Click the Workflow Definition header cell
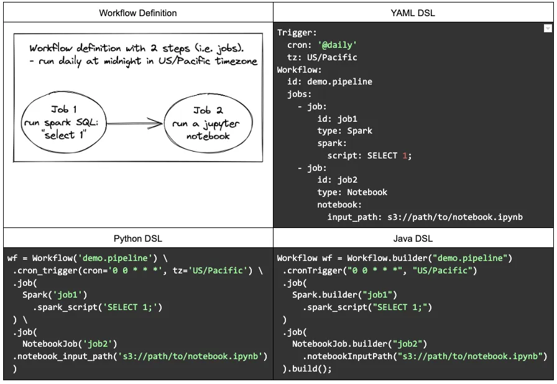pos(138,12)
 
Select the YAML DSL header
pos(413,12)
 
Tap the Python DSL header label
pos(138,238)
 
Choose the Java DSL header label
pos(413,238)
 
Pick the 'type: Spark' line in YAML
pos(344,131)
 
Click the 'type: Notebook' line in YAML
pos(352,193)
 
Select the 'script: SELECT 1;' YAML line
pos(369,156)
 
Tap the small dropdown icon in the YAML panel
pos(548,29)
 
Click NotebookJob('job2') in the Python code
pos(70,344)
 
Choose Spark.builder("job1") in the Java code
pos(344,295)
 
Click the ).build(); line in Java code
pos(307,368)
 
